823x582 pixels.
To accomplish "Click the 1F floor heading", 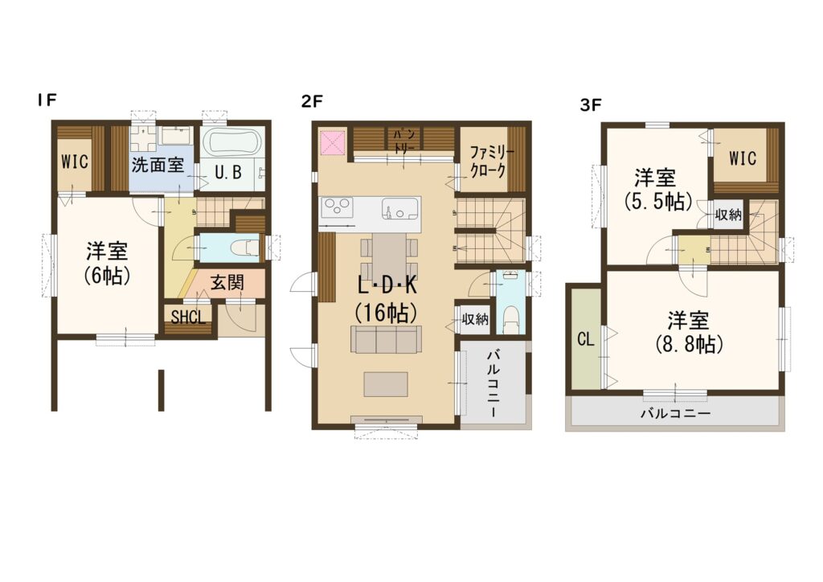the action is tap(46, 100).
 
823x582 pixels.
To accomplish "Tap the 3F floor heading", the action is tap(591, 105).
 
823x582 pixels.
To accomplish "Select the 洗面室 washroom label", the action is tap(158, 165).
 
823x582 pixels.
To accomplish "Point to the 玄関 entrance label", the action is tap(227, 283).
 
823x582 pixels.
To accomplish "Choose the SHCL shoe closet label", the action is tap(188, 318).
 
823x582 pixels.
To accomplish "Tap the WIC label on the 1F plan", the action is tap(75, 162).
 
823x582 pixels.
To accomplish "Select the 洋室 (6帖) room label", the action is tap(107, 263).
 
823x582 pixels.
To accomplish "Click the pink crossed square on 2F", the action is tap(332, 142).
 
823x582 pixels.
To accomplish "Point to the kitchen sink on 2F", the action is tap(400, 209).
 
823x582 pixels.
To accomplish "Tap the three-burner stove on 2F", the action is tap(336, 208).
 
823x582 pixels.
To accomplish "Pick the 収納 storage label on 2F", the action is tap(475, 318).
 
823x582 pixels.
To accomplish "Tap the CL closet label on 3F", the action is tap(586, 339).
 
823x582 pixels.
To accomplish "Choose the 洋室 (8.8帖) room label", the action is tap(689, 332).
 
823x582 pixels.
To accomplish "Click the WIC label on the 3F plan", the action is tap(743, 158).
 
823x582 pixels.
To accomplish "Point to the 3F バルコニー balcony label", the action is tap(675, 413).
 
